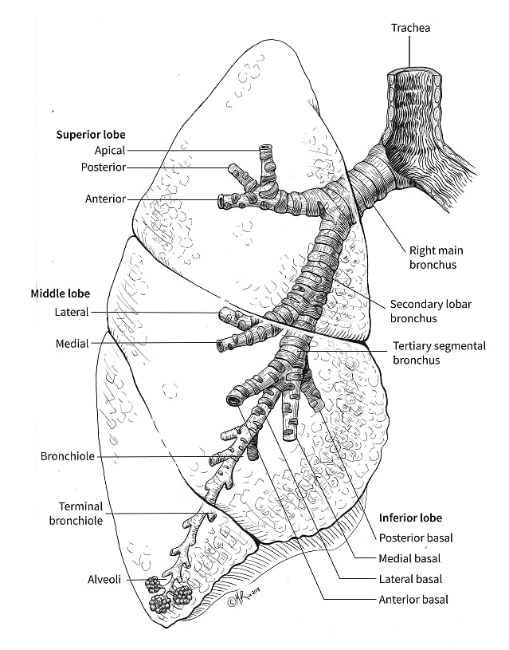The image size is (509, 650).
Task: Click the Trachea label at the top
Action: pos(409,29)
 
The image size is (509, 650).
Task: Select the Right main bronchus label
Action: pos(433,257)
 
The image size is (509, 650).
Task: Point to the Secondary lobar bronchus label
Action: pos(425,311)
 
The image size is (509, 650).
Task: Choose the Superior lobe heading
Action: pos(91,134)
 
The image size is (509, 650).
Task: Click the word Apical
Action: pos(109,150)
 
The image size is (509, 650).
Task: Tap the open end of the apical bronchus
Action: pos(265,148)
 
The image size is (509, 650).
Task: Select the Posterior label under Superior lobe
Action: pos(103,167)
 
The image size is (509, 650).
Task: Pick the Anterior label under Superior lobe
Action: pos(105,199)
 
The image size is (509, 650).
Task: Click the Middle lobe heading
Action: pos(61,293)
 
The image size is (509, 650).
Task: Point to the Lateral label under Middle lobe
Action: pos(72,312)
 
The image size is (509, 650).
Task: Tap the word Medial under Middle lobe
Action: pos(72,344)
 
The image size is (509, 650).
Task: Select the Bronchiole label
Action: pos(68,457)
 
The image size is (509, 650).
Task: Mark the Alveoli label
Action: pos(104,580)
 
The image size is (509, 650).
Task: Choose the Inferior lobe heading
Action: pos(409,518)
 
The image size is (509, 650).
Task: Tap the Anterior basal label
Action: pos(413,599)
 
